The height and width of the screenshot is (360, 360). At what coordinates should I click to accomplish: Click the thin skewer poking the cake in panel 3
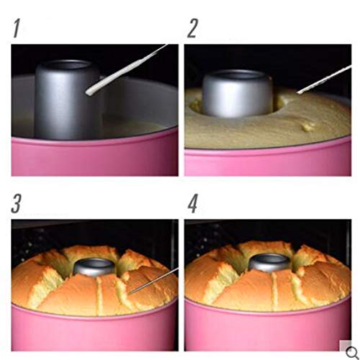pos(148,280)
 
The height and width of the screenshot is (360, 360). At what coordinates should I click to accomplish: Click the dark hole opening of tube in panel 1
pos(68,67)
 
